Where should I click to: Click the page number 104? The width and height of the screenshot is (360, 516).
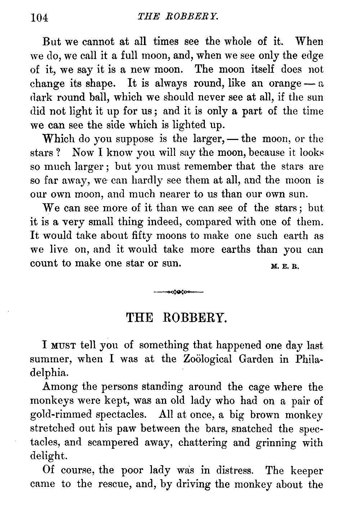coord(39,17)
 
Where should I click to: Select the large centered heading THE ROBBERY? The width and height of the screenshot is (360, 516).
coord(176,317)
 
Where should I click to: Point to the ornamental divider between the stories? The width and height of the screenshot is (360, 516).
coord(178,291)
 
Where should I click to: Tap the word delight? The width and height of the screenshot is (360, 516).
coord(48,456)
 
